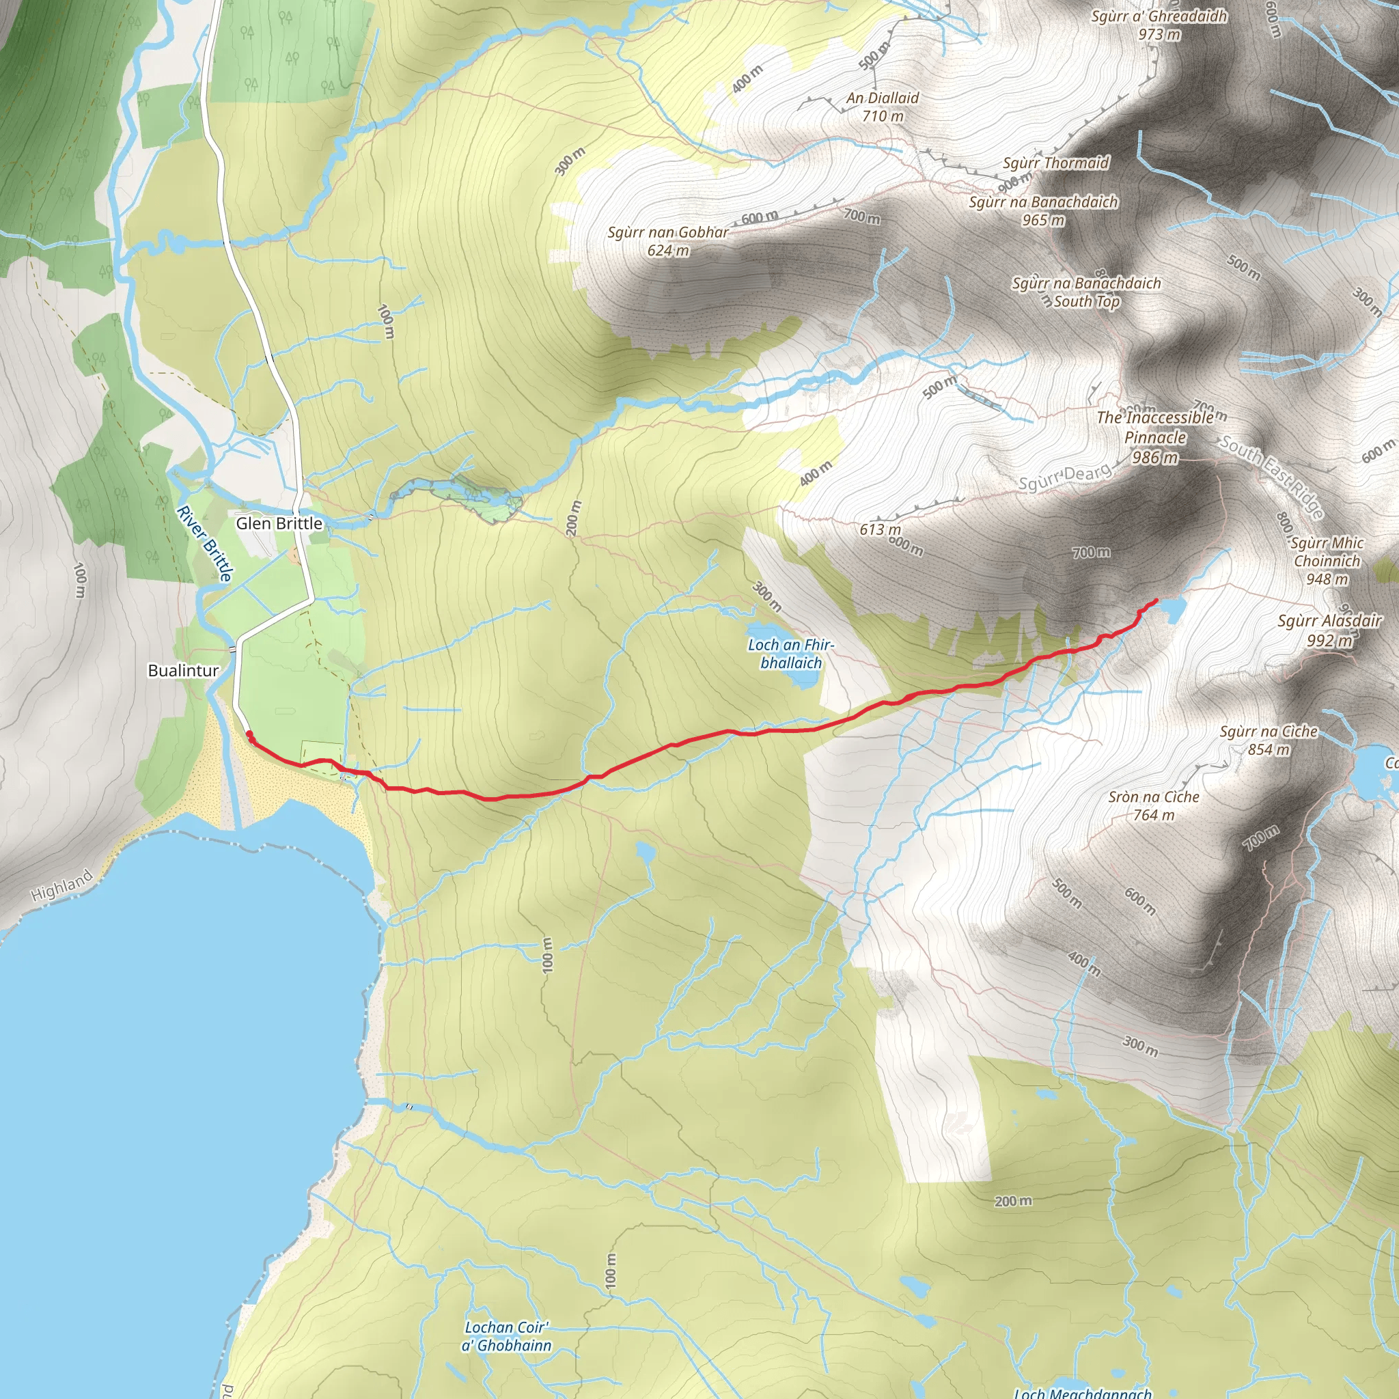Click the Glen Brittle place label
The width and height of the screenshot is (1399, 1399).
pos(279,523)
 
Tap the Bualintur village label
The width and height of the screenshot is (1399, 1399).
pos(183,671)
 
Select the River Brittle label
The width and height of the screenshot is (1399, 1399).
pos(205,543)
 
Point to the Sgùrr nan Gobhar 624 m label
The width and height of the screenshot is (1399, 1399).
pos(667,241)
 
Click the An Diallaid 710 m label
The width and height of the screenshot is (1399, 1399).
pos(883,107)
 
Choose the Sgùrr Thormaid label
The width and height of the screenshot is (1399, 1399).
pos(1056,163)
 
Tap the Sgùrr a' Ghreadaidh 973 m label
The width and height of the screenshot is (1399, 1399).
pos(1159,25)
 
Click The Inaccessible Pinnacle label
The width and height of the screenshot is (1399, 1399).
pos(1155,437)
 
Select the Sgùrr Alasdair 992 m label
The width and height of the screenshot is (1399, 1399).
pos(1329,630)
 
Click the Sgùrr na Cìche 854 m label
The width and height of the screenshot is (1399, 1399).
pos(1269,740)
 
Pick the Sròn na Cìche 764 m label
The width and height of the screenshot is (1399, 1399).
pos(1154,805)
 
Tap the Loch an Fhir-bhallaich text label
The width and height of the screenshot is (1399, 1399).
pos(791,653)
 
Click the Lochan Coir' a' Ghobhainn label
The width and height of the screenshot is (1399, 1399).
pos(506,1336)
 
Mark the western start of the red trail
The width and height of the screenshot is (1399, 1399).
pos(250,735)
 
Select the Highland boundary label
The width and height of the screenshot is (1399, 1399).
pos(62,885)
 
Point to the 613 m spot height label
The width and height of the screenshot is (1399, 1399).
pos(880,529)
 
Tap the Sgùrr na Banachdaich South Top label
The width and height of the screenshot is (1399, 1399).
pos(1086,292)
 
